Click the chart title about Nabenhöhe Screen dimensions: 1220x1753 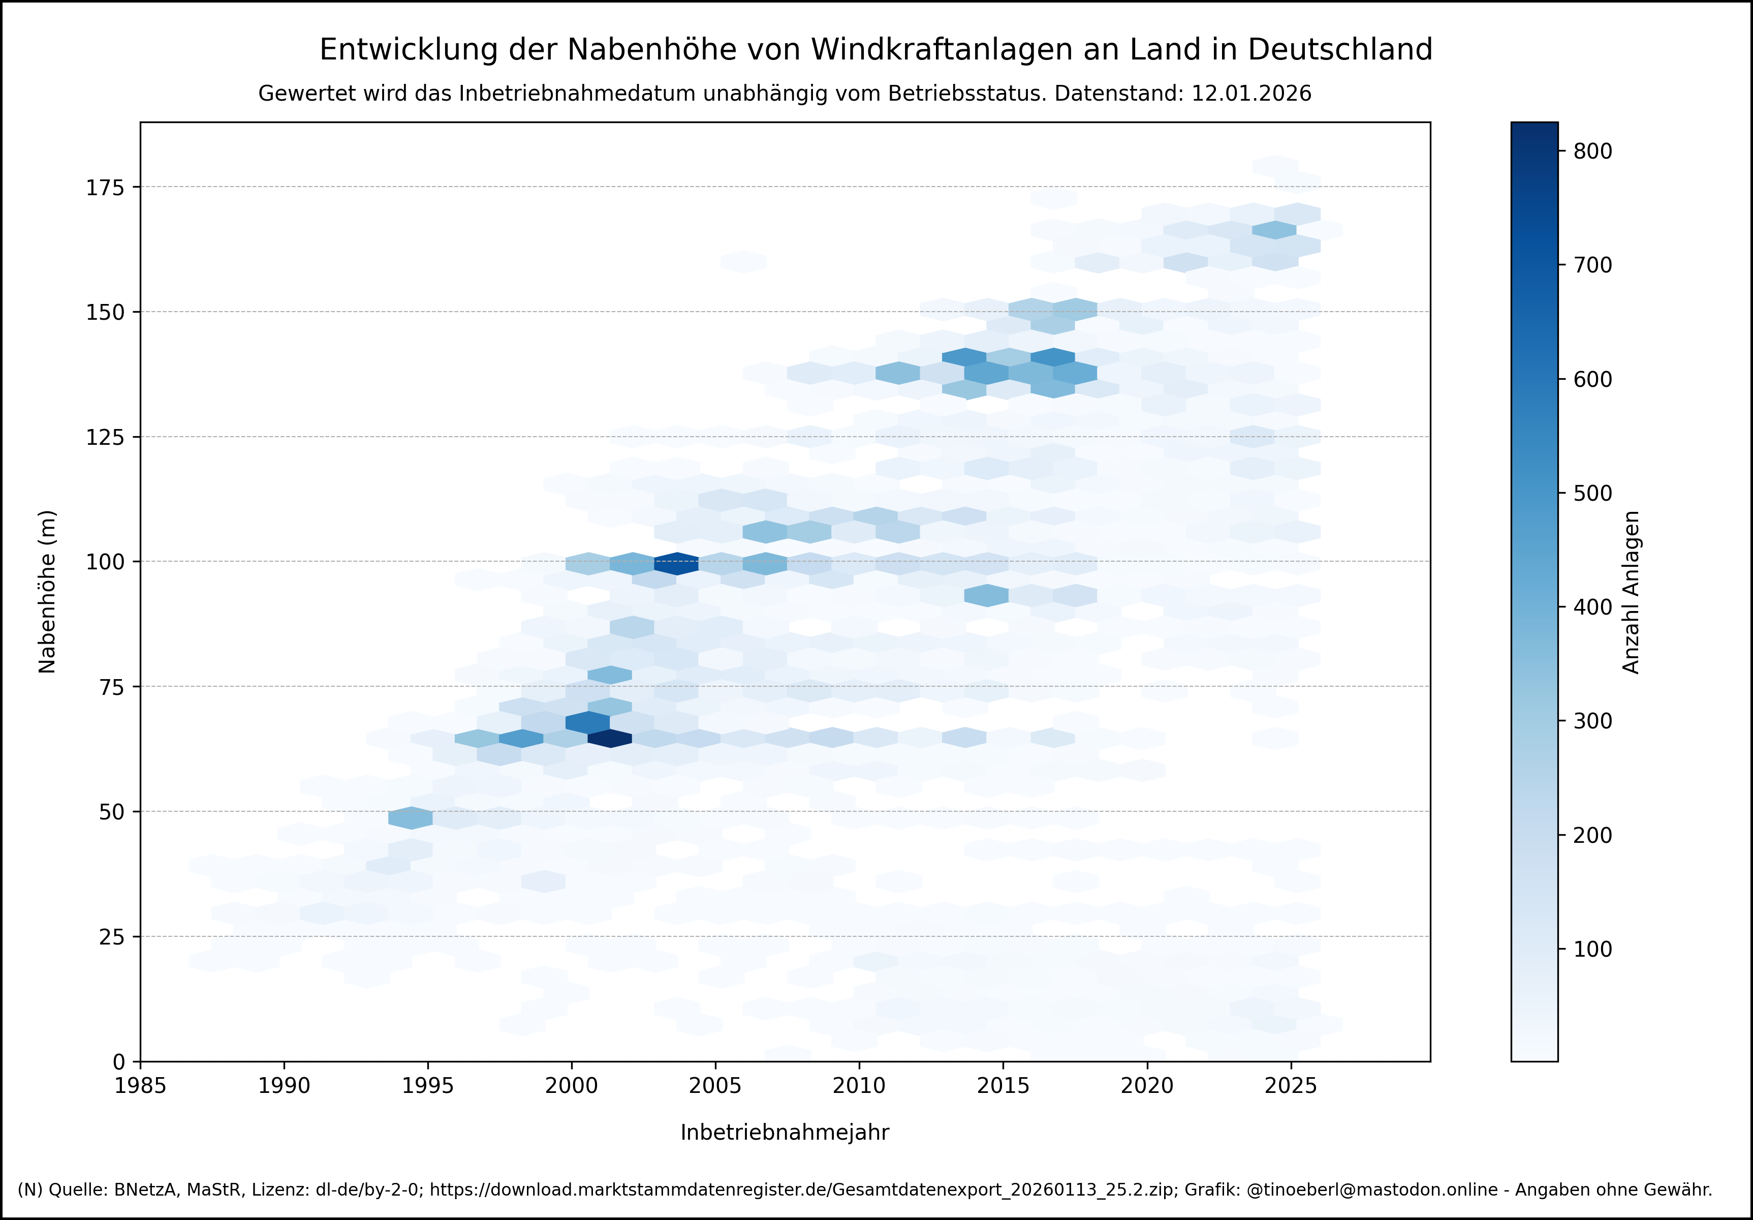coord(875,50)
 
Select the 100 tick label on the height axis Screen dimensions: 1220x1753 coord(105,562)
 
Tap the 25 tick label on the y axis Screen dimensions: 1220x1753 coord(111,937)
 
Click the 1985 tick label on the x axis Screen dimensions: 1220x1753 coord(140,1086)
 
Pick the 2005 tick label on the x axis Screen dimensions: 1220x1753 coord(715,1086)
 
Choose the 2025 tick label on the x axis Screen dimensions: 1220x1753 coord(1290,1086)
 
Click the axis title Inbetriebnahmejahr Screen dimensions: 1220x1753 coord(785,1132)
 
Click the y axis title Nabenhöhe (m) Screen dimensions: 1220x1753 coord(47,592)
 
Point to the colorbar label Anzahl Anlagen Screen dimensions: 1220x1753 coord(1632,592)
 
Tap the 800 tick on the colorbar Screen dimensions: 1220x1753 coord(1592,151)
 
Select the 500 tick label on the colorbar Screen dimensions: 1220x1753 coord(1592,494)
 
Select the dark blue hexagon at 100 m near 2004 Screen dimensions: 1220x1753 coord(676,563)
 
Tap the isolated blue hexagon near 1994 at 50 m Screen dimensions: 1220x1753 coord(411,817)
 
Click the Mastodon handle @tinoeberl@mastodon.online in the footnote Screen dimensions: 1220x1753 coord(1372,1190)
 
